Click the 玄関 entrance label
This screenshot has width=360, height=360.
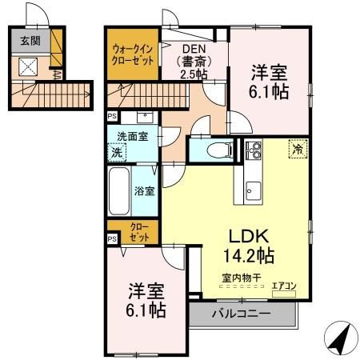(30, 40)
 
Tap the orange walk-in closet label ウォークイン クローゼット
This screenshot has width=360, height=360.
(133, 54)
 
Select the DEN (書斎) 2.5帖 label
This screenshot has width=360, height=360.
(193, 62)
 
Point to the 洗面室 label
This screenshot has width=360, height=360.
(133, 136)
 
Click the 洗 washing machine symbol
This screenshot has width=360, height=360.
(117, 151)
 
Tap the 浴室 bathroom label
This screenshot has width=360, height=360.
(145, 191)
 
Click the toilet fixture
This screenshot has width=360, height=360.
(217, 150)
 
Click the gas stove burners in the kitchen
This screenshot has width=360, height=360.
(254, 150)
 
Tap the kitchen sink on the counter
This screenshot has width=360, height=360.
(253, 190)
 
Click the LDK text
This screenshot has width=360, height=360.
(249, 236)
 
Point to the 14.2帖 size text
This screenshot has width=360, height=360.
(249, 257)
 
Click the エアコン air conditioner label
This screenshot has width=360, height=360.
(284, 283)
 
